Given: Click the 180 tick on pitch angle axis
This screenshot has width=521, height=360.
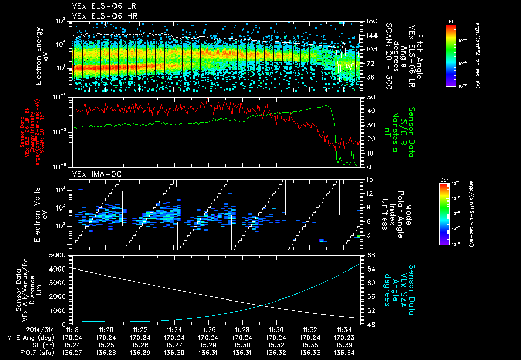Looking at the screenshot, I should [x=370, y=21].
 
